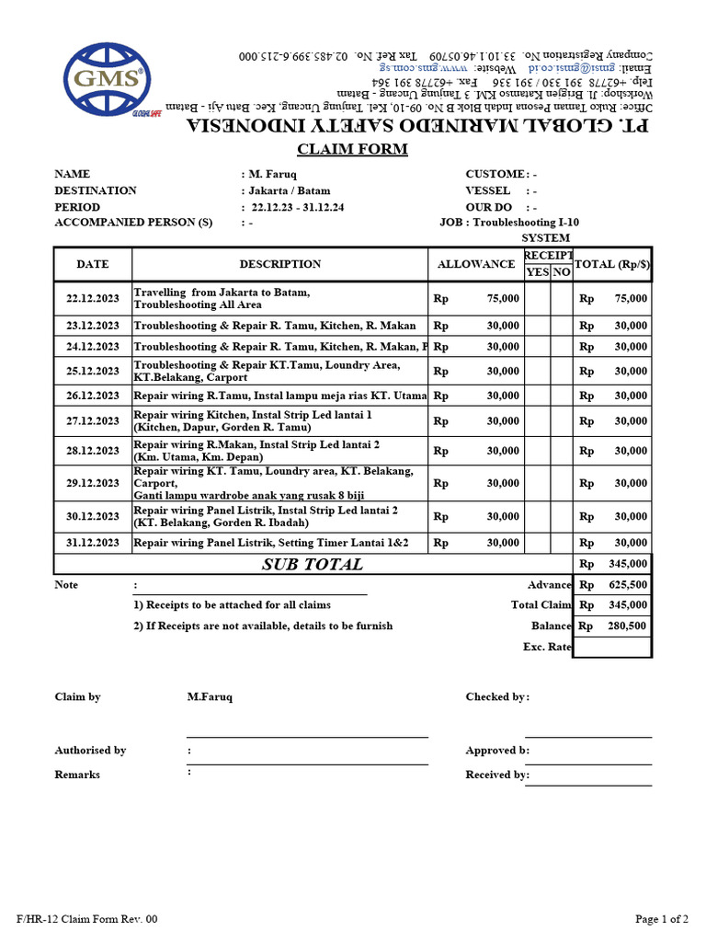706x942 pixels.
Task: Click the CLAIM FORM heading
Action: [x=352, y=150]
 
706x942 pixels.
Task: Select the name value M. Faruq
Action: [x=271, y=175]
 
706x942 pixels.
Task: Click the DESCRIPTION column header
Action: [x=280, y=264]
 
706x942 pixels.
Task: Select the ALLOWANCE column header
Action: [x=475, y=264]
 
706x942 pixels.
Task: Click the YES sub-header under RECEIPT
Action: [x=537, y=272]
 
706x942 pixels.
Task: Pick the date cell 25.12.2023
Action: [x=93, y=372]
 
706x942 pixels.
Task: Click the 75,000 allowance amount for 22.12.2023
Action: [x=503, y=299]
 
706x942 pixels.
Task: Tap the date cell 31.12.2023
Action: [x=93, y=543]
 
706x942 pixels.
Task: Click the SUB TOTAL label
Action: [x=313, y=565]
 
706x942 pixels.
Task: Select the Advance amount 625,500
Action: [x=627, y=585]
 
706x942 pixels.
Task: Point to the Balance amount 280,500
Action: [x=627, y=626]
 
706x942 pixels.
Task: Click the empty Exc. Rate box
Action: [x=612, y=647]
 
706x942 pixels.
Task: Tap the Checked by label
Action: [x=497, y=697]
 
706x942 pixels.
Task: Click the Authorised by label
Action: [x=90, y=751]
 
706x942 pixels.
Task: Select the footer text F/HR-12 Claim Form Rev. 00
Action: [x=87, y=919]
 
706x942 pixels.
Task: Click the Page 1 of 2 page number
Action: [x=662, y=919]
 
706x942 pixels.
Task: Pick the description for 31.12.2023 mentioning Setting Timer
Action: [x=271, y=543]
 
